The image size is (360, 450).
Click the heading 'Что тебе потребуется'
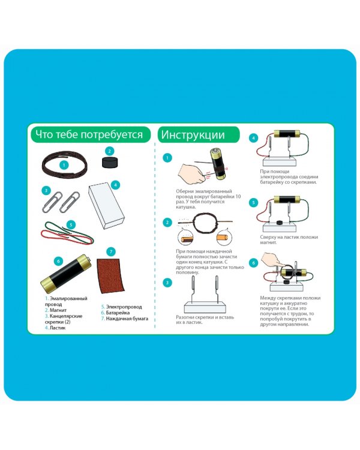[x=89, y=134]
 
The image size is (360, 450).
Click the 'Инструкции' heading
[x=193, y=135]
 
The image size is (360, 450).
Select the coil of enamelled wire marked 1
[x=65, y=165]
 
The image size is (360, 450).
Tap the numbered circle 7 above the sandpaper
[x=111, y=252]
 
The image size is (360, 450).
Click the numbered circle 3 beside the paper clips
[x=46, y=190]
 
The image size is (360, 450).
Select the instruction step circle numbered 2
[x=167, y=223]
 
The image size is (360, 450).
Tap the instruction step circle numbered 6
[x=253, y=263]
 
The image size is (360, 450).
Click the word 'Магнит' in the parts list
[x=58, y=310]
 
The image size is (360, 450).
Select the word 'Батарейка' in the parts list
[x=118, y=313]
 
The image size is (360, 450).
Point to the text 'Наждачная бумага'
[x=127, y=319]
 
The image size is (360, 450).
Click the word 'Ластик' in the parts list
[x=58, y=328]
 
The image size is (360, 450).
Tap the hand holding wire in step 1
[x=191, y=173]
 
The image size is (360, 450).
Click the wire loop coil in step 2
[x=206, y=222]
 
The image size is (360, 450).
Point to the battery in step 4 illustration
[x=287, y=133]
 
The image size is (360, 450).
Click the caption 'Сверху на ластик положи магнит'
[x=289, y=239]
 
